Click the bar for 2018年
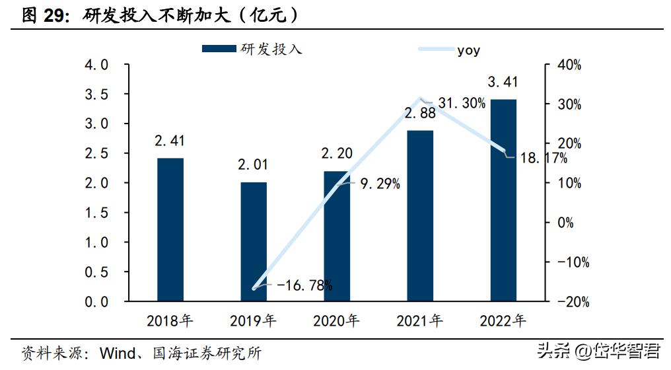coord(170,229)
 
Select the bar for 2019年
coord(253,241)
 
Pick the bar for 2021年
coord(420,215)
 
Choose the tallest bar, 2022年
coord(503,200)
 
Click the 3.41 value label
coord(503,83)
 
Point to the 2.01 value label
coord(253,165)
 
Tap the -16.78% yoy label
coord(304,285)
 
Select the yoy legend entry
coord(468,50)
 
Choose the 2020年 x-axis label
coord(336,322)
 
